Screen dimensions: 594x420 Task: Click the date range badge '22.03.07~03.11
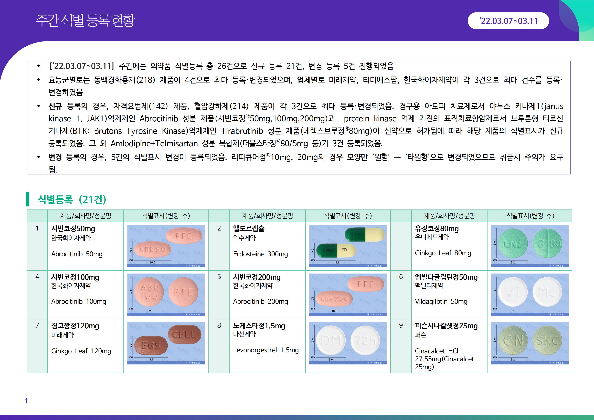point(508,21)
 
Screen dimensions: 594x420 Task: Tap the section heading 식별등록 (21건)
point(72,199)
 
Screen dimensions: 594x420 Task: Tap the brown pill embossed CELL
point(184,335)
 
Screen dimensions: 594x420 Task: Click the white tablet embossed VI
point(513,292)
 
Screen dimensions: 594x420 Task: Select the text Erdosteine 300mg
point(260,254)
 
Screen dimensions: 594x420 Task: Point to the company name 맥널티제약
point(429,285)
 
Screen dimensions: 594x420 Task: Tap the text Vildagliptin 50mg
point(441,301)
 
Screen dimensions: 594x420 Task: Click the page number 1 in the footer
point(26,401)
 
